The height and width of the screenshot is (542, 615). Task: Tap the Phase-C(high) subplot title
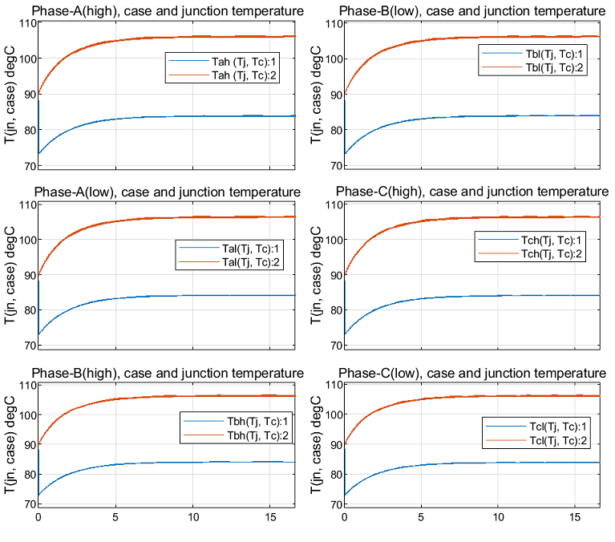(471, 192)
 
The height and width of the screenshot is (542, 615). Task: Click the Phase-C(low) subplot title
(471, 373)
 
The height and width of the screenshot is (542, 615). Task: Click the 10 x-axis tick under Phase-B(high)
(192, 518)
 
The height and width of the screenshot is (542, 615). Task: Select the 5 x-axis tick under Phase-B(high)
(115, 518)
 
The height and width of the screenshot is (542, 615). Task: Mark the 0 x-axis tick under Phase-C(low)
(345, 518)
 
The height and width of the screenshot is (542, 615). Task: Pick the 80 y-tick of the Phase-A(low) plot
(27, 310)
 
